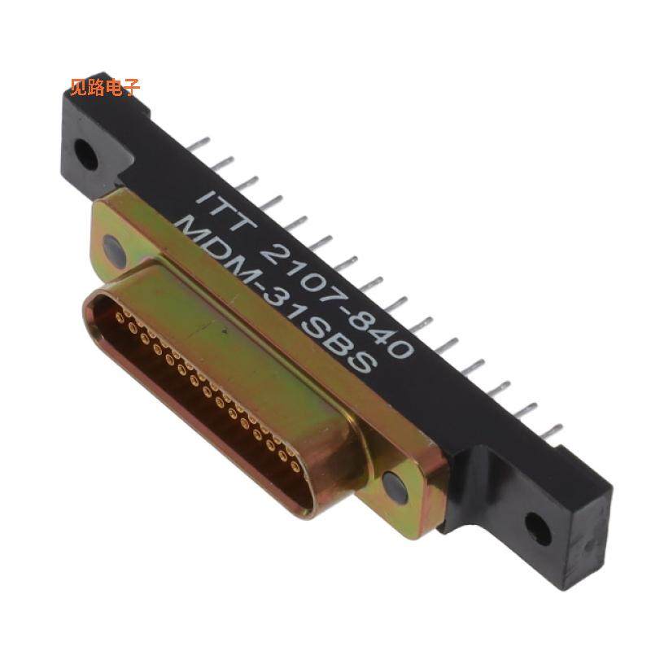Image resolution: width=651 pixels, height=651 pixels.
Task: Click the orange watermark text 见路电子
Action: pyautogui.click(x=105, y=87)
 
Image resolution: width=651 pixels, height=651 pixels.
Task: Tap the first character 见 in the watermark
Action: pyautogui.click(x=79, y=87)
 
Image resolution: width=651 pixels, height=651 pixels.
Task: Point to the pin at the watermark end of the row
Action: pyautogui.click(x=196, y=144)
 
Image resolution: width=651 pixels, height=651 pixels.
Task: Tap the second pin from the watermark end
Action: pyautogui.click(x=221, y=164)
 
